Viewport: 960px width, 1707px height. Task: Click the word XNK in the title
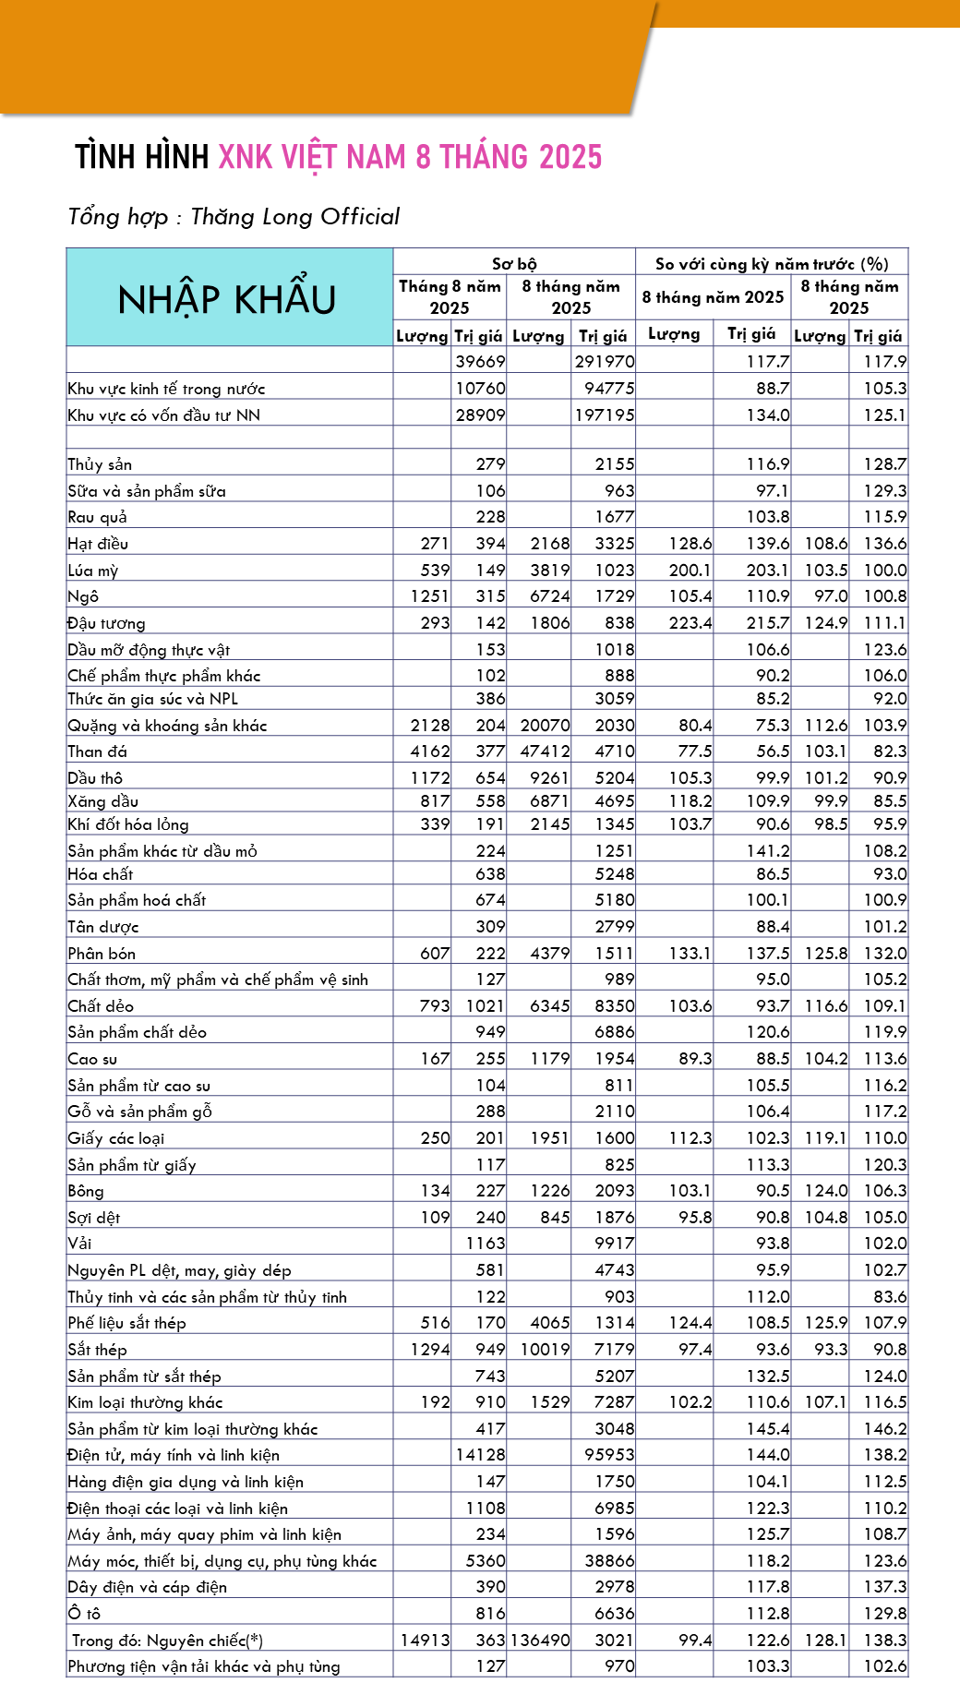click(246, 157)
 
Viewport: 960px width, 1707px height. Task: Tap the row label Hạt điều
click(98, 544)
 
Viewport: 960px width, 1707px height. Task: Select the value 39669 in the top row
click(480, 361)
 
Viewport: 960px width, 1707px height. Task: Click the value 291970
click(605, 361)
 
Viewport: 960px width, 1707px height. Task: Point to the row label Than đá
click(97, 751)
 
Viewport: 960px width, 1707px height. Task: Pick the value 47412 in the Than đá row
click(545, 751)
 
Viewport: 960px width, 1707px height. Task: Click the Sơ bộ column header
click(514, 264)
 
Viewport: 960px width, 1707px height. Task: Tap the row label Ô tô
click(84, 1613)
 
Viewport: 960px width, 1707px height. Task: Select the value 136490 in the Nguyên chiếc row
click(540, 1640)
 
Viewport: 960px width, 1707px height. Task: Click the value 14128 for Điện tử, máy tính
click(480, 1455)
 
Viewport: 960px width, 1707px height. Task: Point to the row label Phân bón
click(102, 954)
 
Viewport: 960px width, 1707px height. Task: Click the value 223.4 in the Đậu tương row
click(690, 623)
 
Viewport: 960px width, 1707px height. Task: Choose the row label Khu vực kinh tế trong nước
click(166, 389)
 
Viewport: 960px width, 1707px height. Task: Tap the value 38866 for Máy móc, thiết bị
click(609, 1561)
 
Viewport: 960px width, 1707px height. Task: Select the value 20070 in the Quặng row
click(545, 726)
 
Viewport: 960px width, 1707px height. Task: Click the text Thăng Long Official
click(295, 217)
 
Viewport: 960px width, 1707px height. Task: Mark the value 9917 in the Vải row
click(614, 1244)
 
